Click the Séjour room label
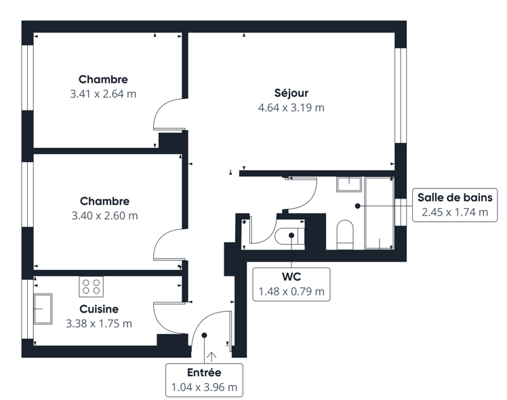coord(291,93)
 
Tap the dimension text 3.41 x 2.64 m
coord(103,94)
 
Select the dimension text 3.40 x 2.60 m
coord(105,216)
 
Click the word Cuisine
coord(99,308)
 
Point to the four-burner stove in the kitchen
coord(92,287)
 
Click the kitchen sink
coord(43,308)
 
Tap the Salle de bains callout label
coord(455,197)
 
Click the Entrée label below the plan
coord(204,372)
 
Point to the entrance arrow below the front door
coord(211,357)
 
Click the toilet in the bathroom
coord(345,235)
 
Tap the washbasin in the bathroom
coord(349,184)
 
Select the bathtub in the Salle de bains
coord(380,213)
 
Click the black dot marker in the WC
coord(291,235)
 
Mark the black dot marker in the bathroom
coord(358,205)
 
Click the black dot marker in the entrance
coord(204,336)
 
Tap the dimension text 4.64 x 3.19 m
coord(291,107)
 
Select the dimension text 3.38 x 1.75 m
coord(99,323)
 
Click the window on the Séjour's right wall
coord(401,96)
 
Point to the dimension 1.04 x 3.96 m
coord(204,387)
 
